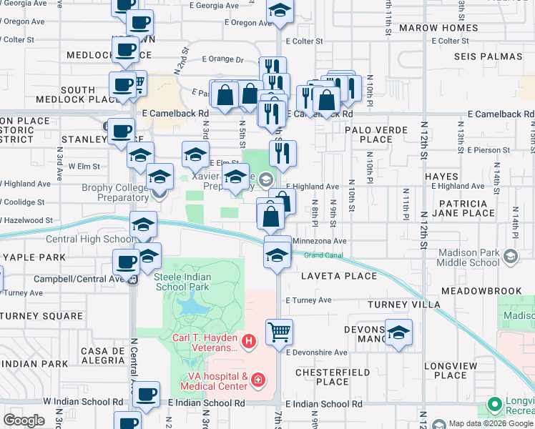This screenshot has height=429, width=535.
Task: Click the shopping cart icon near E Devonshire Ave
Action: click(280, 331)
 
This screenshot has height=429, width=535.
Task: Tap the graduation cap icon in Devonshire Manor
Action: click(398, 332)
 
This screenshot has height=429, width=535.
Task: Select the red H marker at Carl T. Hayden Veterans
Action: click(249, 342)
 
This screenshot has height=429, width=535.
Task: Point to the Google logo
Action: click(24, 420)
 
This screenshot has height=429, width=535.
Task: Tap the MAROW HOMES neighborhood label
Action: click(438, 28)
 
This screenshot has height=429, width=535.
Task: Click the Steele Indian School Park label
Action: click(181, 281)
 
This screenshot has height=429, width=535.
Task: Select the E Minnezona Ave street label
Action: click(319, 242)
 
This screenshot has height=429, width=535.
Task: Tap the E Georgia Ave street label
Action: click(214, 4)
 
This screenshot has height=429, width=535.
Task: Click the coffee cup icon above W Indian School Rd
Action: click(147, 393)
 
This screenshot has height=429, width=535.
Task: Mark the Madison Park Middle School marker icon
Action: click(511, 255)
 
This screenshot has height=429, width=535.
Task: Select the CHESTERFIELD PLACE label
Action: click(333, 377)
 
